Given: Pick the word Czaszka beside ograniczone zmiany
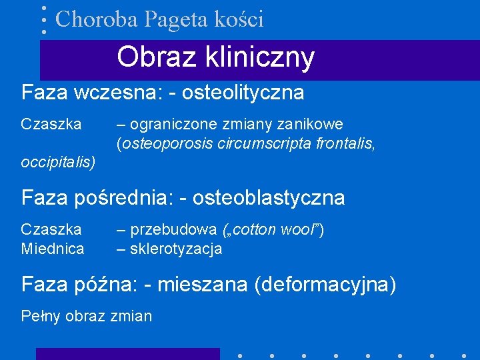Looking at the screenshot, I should [x=51, y=124].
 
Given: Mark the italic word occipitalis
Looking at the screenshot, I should [x=58, y=162].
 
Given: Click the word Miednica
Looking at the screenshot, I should [x=53, y=249].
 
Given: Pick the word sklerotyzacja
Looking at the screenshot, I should [x=176, y=249].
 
